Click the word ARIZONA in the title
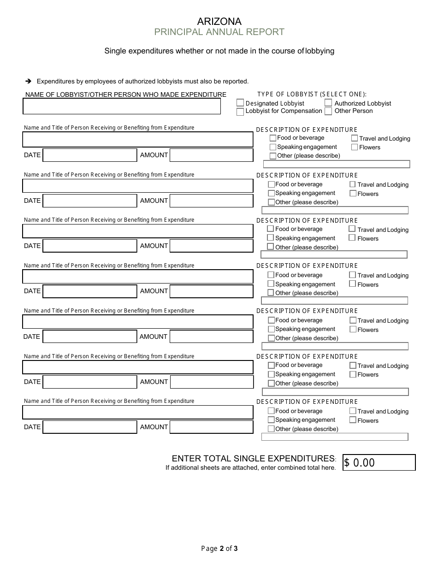click(219, 21)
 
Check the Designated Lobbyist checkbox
click(240, 103)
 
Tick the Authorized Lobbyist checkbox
click(328, 103)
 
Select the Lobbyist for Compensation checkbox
click(240, 112)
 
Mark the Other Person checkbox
click(328, 111)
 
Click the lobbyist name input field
click(122, 106)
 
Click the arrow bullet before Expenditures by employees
click(28, 81)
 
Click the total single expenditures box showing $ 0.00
click(379, 462)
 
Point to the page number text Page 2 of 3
click(219, 549)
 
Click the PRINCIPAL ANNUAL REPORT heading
click(219, 32)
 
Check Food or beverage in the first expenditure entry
click(273, 138)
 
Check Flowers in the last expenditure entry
click(353, 420)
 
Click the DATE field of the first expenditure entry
click(90, 155)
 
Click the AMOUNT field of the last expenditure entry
click(211, 427)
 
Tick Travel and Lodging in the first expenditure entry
click(355, 138)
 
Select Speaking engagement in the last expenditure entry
click(271, 420)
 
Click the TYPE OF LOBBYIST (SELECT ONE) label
click(312, 94)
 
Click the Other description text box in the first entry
click(336, 164)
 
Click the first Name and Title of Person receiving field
click(138, 139)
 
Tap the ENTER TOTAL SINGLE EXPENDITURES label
click(253, 458)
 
